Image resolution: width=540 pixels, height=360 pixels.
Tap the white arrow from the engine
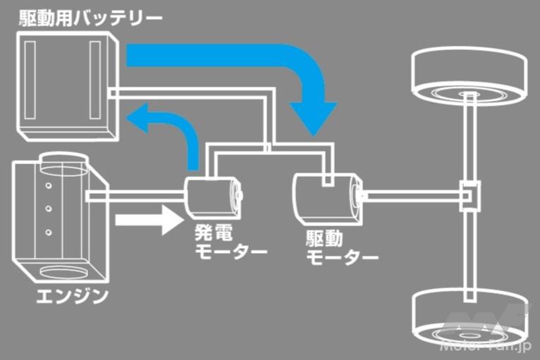[x=145, y=220]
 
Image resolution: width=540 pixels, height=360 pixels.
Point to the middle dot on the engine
[x=49, y=209]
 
